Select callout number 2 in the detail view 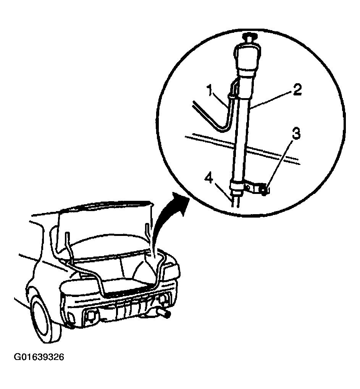point(297,90)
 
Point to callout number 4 point(210,179)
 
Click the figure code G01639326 point(39,357)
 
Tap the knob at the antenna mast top point(249,38)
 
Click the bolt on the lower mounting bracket point(264,190)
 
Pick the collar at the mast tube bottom point(236,186)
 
